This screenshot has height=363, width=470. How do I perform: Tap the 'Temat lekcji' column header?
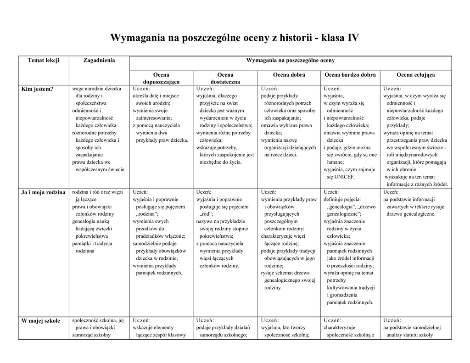[44, 60]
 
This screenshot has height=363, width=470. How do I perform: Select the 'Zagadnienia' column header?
[99, 60]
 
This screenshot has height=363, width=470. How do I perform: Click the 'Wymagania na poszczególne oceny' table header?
[291, 60]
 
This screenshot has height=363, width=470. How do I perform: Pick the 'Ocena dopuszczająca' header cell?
[161, 78]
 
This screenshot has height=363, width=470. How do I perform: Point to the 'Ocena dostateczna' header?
[225, 78]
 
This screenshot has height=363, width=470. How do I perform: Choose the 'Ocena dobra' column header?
[289, 75]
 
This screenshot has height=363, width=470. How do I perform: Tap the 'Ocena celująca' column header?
[415, 75]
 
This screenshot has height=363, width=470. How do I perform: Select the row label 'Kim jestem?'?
[38, 89]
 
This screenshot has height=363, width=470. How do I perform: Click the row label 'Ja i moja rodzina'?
[44, 192]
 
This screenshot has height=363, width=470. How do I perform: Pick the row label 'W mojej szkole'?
[41, 321]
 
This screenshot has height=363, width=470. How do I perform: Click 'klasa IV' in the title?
[340, 38]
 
